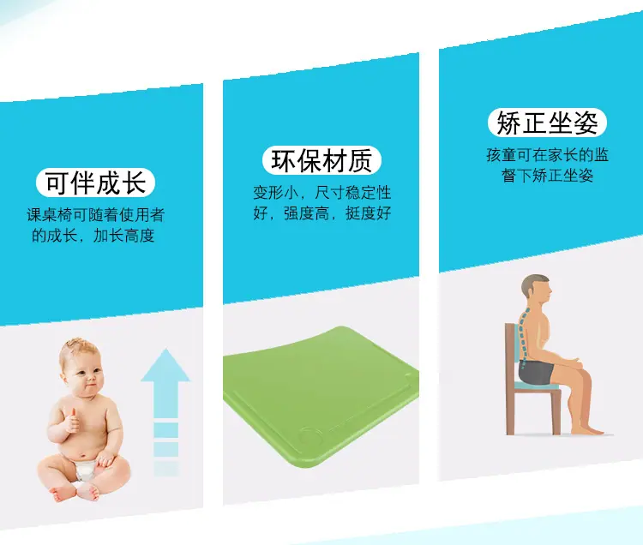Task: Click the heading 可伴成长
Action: (x=95, y=183)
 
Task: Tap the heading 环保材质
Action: (x=321, y=160)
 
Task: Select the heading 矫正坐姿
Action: (x=547, y=123)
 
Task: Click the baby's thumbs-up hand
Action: (x=72, y=421)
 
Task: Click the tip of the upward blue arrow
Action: (x=165, y=349)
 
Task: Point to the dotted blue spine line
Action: (x=523, y=333)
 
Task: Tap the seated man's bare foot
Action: (x=587, y=430)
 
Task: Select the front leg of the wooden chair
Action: (x=556, y=413)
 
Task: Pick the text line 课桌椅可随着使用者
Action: (x=95, y=215)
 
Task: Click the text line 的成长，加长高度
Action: (x=93, y=236)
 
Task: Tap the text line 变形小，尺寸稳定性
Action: (x=321, y=193)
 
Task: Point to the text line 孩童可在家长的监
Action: (x=548, y=155)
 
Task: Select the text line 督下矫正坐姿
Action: (x=547, y=176)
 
